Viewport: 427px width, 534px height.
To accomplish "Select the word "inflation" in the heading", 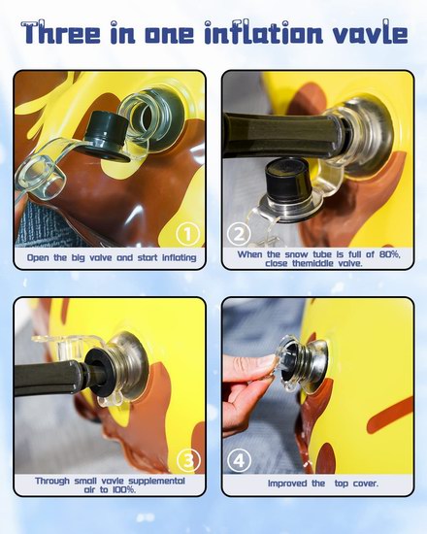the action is [x=263, y=33].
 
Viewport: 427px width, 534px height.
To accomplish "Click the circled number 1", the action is [x=187, y=234].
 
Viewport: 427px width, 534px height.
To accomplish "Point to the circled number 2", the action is [x=239, y=234].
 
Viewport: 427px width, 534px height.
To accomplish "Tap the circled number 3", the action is [x=188, y=460].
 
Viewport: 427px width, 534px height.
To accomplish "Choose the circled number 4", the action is [x=239, y=460].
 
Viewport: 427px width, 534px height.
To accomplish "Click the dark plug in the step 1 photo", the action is [x=103, y=137].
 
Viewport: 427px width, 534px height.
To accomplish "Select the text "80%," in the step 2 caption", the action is [x=389, y=254].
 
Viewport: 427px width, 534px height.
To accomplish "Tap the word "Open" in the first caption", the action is [x=38, y=258].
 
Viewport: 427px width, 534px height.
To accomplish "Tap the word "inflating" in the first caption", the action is [x=180, y=258].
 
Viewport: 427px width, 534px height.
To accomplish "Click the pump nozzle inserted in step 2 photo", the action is [x=282, y=136].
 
